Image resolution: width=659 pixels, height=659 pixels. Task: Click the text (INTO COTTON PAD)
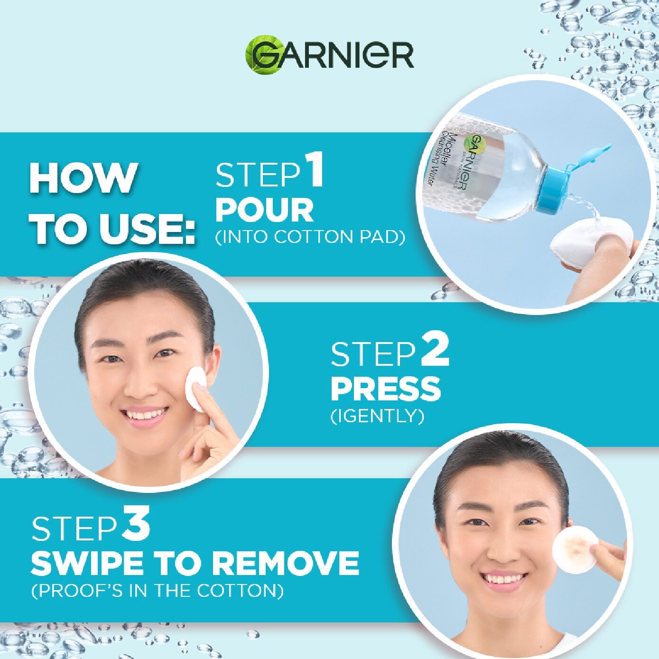310,238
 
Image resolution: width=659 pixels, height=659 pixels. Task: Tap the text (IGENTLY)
377,417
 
